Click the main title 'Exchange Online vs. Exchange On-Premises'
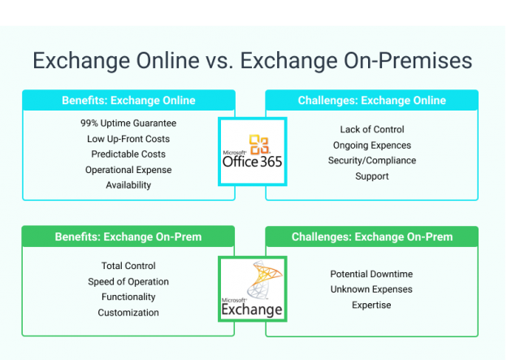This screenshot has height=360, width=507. pyautogui.click(x=253, y=61)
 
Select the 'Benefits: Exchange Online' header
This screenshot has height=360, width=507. pyautogui.click(x=128, y=100)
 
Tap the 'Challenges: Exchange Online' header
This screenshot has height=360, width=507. pyautogui.click(x=371, y=100)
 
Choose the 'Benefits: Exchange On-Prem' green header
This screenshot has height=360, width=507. pyautogui.click(x=128, y=236)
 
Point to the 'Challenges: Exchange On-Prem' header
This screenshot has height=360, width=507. pyautogui.click(x=371, y=236)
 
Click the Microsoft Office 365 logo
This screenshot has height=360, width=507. pyautogui.click(x=252, y=152)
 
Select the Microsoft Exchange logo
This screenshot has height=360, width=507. pyautogui.click(x=252, y=289)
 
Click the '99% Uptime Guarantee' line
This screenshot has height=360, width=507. pyautogui.click(x=128, y=124)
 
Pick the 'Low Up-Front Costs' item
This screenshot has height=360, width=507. pyautogui.click(x=128, y=139)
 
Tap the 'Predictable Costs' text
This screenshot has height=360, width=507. pyautogui.click(x=128, y=154)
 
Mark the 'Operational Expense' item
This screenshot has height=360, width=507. pyautogui.click(x=128, y=169)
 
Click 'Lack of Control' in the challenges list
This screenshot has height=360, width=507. pyautogui.click(x=371, y=129)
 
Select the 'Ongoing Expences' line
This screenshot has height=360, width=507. pyautogui.click(x=371, y=145)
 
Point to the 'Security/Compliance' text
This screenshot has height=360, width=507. pyautogui.click(x=371, y=160)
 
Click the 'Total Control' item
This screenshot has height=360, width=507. pyautogui.click(x=128, y=266)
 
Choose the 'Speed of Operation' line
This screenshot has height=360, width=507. pyautogui.click(x=128, y=281)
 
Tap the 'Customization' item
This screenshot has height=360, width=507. pyautogui.click(x=128, y=312)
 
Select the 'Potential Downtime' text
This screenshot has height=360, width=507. pyautogui.click(x=371, y=274)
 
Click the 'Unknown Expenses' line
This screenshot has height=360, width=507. pyautogui.click(x=371, y=289)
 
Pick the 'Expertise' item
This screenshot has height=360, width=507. pyautogui.click(x=371, y=305)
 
